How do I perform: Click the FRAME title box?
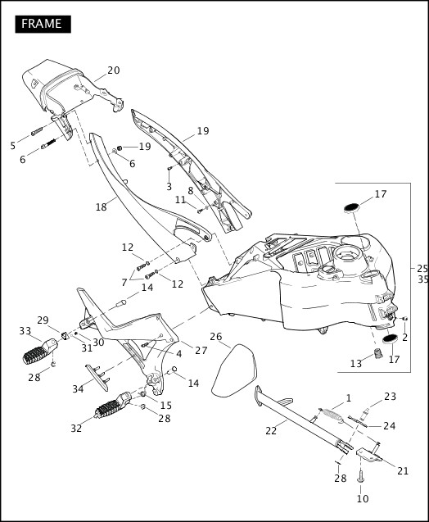(42, 24)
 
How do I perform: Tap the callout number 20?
(113, 70)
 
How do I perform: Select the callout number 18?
(101, 207)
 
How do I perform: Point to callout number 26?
(215, 336)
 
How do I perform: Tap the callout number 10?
(363, 498)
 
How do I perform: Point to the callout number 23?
(390, 397)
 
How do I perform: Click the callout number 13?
(355, 364)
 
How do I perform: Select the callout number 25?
(422, 268)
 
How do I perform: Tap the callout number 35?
(422, 279)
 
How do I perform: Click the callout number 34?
(78, 388)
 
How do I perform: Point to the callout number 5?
(12, 145)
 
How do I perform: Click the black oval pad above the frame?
(351, 206)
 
